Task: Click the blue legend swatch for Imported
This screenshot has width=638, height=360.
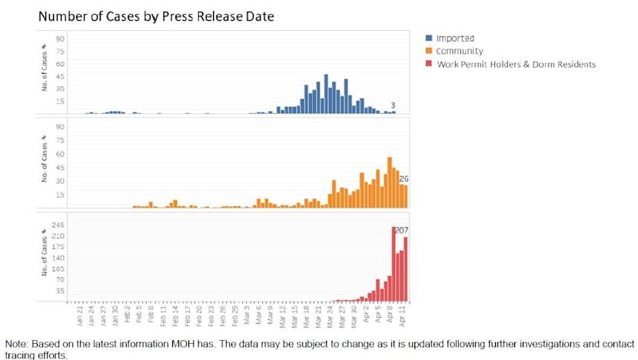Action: (429, 38)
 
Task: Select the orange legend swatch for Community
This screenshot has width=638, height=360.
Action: (429, 51)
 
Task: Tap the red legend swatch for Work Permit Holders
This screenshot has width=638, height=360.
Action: (429, 64)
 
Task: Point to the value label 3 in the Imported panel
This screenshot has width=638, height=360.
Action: (393, 105)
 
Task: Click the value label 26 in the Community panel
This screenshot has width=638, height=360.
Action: (404, 178)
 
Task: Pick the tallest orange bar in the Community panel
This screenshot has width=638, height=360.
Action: (390, 182)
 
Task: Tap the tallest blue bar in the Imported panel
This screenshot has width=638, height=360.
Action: (326, 95)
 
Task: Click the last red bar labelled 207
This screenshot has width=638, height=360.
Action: (406, 269)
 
